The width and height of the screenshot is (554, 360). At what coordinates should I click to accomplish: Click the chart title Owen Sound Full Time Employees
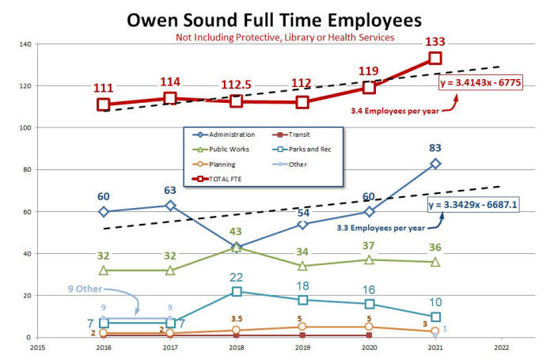pyautogui.click(x=277, y=18)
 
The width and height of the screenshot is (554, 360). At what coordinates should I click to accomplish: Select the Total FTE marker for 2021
pyautogui.click(x=434, y=58)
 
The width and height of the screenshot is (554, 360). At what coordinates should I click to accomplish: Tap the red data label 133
pyautogui.click(x=434, y=41)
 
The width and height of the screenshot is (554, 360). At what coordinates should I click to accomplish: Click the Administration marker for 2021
pyautogui.click(x=434, y=163)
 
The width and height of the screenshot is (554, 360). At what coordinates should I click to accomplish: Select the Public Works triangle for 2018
pyautogui.click(x=235, y=248)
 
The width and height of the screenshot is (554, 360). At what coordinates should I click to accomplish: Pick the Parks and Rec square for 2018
pyautogui.click(x=235, y=292)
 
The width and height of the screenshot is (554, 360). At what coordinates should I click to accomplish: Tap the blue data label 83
pyautogui.click(x=434, y=146)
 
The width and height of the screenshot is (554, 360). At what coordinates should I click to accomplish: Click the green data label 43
pyautogui.click(x=235, y=231)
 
